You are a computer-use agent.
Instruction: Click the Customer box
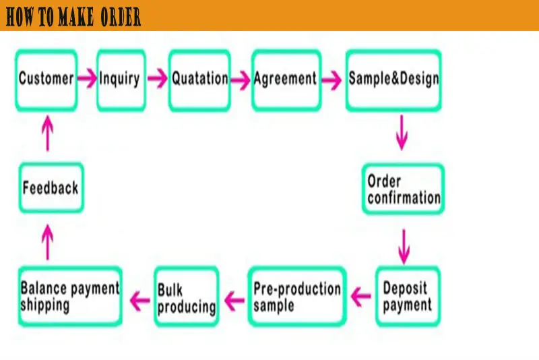tap(46, 80)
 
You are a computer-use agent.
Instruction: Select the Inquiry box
tap(121, 80)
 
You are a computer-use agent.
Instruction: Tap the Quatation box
tap(199, 80)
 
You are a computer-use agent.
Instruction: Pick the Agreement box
tap(285, 80)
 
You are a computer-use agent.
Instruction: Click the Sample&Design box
tap(393, 80)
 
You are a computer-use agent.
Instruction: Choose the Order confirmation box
tap(403, 189)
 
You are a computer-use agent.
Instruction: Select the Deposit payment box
tap(407, 297)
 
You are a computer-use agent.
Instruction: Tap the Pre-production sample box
tap(296, 297)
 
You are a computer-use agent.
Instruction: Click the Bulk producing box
tap(186, 297)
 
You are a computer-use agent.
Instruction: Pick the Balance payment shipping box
tap(69, 297)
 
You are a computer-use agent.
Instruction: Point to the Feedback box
tap(51, 188)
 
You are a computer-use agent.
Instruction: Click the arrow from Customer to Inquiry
tap(87, 79)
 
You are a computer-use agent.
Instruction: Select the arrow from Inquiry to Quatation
tap(157, 79)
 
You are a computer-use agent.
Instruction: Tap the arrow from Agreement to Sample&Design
tap(331, 80)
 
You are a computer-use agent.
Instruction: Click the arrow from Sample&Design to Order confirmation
tap(402, 132)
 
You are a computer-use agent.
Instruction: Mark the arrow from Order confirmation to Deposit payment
tap(404, 246)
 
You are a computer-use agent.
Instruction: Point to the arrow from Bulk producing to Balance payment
tap(139, 297)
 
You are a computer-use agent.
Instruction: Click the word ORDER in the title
tap(120, 18)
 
